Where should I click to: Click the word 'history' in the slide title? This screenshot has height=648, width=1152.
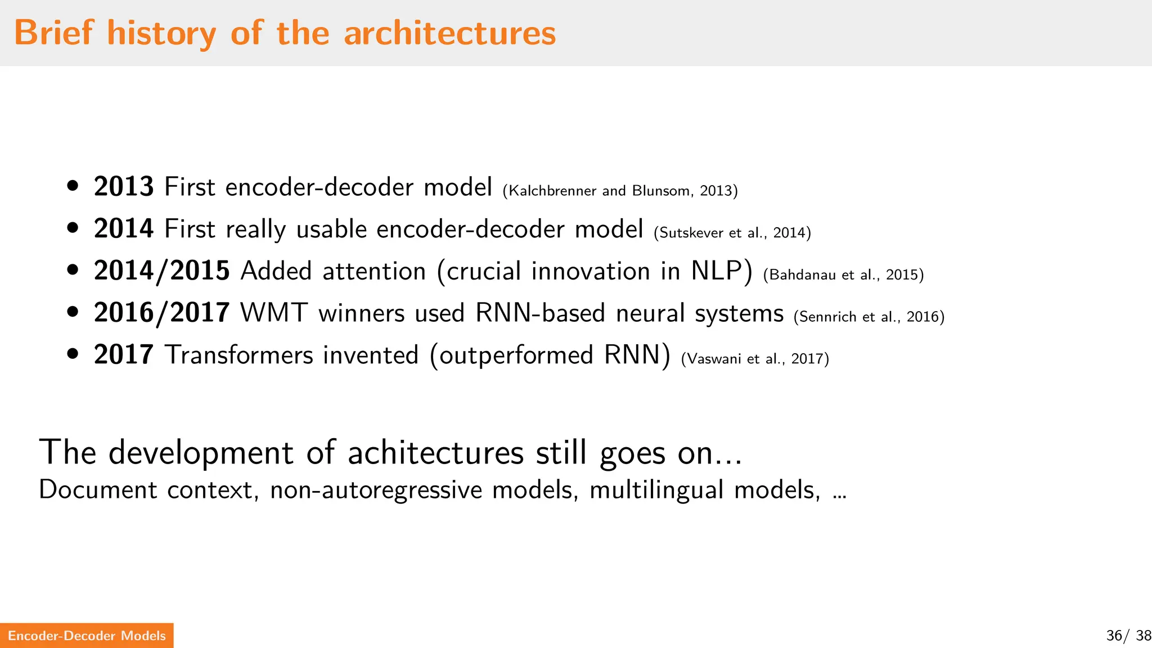coord(161,33)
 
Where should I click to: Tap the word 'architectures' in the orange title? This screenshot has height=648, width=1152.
coord(449,33)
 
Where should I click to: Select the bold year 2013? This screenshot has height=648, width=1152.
coord(124,187)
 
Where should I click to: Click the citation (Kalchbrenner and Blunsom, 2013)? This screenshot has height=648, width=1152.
coord(620,191)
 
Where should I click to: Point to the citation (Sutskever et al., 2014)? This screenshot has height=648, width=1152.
coord(732,233)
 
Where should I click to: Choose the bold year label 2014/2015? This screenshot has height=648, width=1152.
coord(162,271)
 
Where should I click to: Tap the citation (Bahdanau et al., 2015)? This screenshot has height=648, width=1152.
coord(843,275)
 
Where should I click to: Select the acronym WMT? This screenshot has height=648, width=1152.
coord(274,313)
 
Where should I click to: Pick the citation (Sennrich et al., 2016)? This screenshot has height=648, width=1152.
coord(869,317)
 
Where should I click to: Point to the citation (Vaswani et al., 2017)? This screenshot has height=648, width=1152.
coord(755,359)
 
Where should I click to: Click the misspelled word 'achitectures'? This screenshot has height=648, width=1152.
coord(435,453)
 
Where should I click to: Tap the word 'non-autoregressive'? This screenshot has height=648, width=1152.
coord(376,490)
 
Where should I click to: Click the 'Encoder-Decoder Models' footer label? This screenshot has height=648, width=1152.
coord(87,636)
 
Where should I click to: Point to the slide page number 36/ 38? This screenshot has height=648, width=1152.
coord(1128,636)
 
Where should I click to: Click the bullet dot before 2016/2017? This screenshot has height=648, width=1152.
coord(73,312)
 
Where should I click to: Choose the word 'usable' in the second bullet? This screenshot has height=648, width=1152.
coord(332,229)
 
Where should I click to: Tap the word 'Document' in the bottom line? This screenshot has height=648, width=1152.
coord(98,490)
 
